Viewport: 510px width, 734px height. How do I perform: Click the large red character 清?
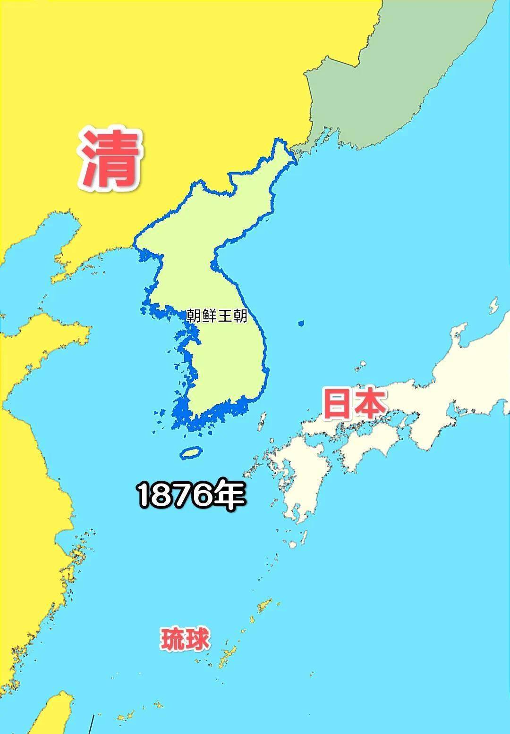pos(111,158)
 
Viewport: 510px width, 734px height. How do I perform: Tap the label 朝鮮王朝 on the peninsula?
pos(217,316)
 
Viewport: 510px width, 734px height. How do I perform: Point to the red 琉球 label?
pos(186,639)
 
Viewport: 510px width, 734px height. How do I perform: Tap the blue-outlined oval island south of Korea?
pos(191,453)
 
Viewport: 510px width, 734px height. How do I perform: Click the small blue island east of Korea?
pos(301,323)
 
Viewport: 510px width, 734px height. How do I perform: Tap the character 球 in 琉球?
pos(197,639)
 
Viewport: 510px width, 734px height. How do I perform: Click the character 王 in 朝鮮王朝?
pos(224,316)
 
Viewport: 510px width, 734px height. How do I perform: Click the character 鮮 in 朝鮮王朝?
pos(209,316)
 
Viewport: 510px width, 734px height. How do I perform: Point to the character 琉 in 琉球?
pos(172,639)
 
